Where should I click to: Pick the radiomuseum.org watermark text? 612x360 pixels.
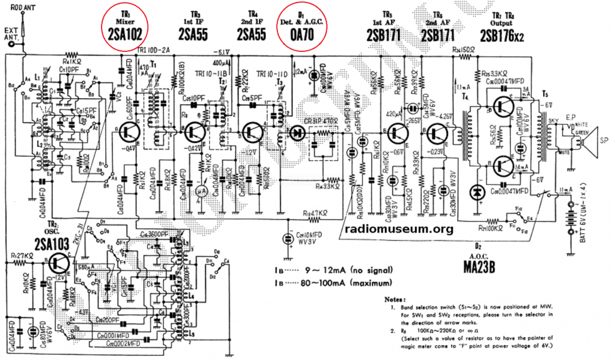pos(399,229)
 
